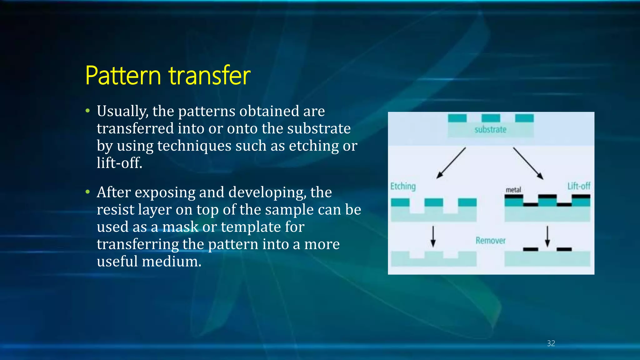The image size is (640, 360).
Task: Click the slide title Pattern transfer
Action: click(x=167, y=76)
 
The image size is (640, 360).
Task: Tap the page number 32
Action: click(x=551, y=343)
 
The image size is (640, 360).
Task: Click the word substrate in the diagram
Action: click(x=490, y=129)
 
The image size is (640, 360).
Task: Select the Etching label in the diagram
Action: click(x=403, y=186)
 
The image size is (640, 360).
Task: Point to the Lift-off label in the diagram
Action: click(x=579, y=186)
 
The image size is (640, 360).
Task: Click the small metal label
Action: click(x=513, y=190)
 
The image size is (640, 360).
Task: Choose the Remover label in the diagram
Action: click(x=490, y=241)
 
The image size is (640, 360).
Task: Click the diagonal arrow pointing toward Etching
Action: click(x=451, y=163)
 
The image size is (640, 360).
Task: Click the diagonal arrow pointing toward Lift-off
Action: click(x=528, y=163)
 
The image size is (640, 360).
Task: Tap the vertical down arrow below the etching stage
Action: click(x=433, y=237)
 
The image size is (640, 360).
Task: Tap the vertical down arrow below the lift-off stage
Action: click(x=547, y=237)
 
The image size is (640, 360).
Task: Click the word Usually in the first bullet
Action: click(x=122, y=112)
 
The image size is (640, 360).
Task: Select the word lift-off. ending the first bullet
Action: click(x=119, y=163)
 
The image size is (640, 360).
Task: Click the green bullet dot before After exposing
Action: click(x=88, y=192)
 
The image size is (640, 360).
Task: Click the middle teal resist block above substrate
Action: click(x=491, y=118)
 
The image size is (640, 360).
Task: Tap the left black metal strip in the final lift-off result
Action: click(x=531, y=249)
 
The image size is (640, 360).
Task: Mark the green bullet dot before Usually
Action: click(x=88, y=111)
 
